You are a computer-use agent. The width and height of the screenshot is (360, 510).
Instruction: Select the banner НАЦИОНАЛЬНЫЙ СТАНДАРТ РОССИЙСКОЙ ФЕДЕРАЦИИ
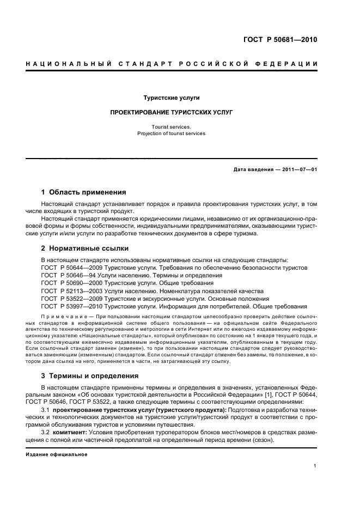click(172, 64)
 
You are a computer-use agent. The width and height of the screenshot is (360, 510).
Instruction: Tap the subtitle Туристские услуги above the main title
click(171, 98)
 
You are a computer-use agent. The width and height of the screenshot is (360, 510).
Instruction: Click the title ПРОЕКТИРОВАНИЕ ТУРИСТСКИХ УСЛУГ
click(171, 112)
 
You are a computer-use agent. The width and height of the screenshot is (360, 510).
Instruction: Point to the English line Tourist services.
click(171, 126)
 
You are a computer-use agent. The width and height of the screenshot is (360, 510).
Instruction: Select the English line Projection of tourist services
click(171, 133)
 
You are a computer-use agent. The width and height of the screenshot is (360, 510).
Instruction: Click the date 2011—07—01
click(298, 169)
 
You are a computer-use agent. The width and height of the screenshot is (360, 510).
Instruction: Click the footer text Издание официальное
click(57, 454)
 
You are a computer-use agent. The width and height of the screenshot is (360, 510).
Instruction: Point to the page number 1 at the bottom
click(315, 466)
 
